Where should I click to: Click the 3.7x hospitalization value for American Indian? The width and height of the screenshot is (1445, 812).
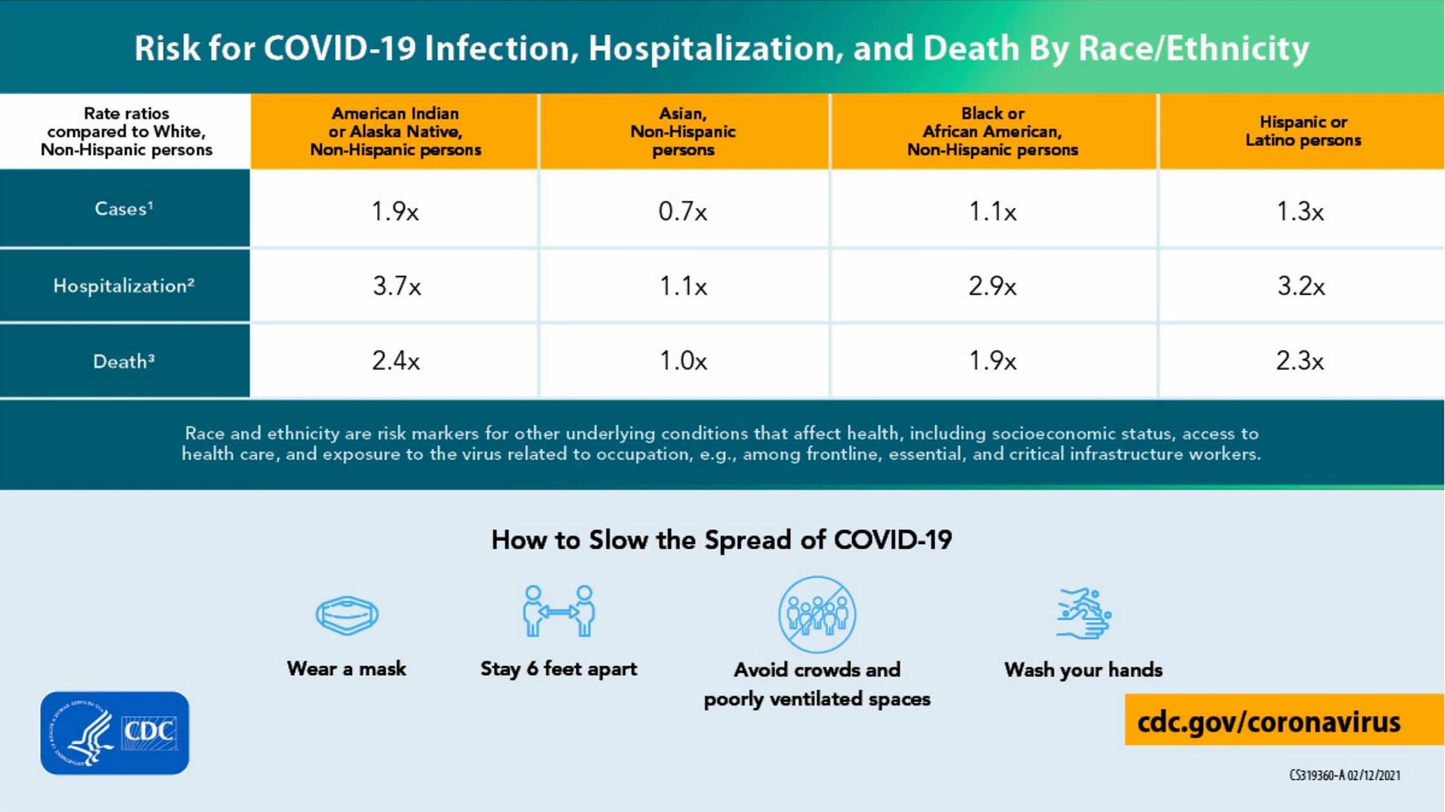click(x=396, y=286)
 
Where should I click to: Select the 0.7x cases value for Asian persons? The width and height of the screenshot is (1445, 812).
click(x=682, y=212)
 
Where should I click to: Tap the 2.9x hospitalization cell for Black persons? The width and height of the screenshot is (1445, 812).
click(x=992, y=286)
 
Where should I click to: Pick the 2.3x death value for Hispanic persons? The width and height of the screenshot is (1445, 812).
click(x=1300, y=361)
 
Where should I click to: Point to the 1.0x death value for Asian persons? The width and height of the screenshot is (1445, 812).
click(x=683, y=361)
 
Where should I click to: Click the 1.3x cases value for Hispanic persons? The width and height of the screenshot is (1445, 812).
click(x=1300, y=212)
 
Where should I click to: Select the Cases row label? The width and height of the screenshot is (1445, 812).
click(x=124, y=209)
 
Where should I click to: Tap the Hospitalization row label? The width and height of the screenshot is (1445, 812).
click(x=124, y=286)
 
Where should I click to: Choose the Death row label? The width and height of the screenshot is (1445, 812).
click(x=124, y=361)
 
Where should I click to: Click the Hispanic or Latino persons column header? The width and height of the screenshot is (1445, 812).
click(x=1303, y=131)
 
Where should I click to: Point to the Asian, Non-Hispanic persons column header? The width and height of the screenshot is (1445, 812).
click(x=683, y=132)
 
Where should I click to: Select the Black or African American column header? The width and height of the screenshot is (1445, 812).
click(x=992, y=132)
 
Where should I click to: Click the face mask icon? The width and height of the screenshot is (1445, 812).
click(x=347, y=615)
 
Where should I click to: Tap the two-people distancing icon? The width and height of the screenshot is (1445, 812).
click(x=559, y=611)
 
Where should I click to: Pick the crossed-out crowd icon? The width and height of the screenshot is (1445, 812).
click(x=817, y=614)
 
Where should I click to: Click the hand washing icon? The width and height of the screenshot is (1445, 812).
click(x=1083, y=613)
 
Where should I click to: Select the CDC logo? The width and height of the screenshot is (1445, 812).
click(x=115, y=733)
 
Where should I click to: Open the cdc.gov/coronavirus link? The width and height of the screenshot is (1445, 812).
click(x=1269, y=722)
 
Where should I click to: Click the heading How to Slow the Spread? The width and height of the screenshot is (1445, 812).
click(x=721, y=540)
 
